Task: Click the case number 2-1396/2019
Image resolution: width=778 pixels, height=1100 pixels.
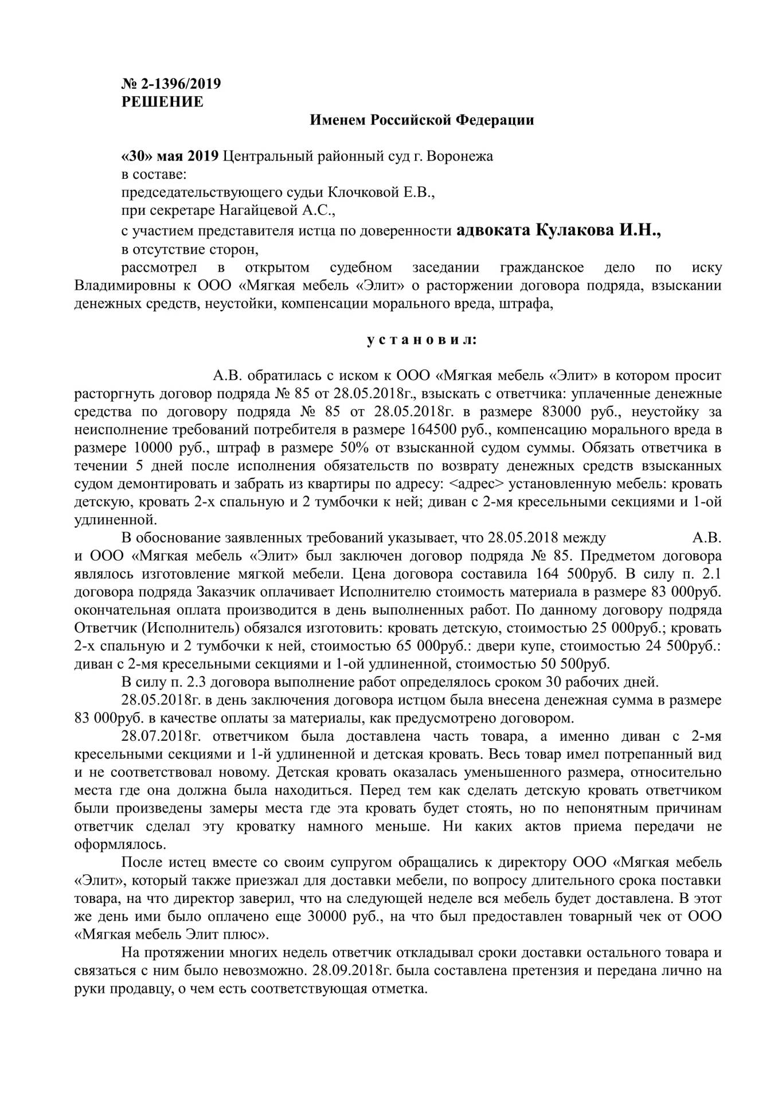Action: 178,84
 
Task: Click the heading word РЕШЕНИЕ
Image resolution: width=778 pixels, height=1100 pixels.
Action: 163,102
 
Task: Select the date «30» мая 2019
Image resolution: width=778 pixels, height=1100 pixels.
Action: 170,156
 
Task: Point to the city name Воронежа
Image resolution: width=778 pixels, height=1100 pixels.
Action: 460,156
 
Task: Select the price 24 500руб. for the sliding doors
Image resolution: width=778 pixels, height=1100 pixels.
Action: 679,646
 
